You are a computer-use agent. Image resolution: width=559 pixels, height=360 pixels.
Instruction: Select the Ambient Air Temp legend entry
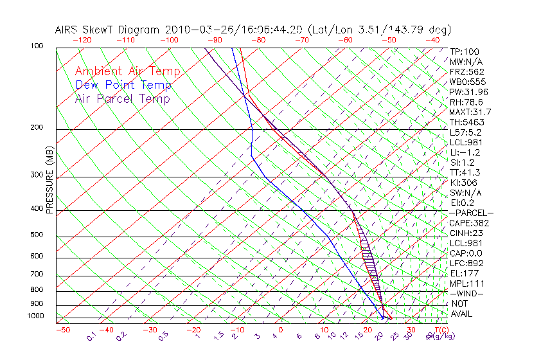click(127, 71)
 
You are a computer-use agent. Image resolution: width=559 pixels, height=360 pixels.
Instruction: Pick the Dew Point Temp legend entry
click(123, 85)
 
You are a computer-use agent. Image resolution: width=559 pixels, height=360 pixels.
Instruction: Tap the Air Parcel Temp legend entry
click(122, 98)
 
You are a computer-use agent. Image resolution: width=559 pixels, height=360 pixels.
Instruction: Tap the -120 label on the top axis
click(82, 40)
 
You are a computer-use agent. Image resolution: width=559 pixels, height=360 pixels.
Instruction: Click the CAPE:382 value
click(469, 223)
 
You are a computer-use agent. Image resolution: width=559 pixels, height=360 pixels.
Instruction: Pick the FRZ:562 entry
click(467, 71)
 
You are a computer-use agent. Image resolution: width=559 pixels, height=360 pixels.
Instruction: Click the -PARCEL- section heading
click(471, 213)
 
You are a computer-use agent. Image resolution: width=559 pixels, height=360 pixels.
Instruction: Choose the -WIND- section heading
click(467, 293)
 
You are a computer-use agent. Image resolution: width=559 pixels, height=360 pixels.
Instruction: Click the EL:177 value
click(464, 273)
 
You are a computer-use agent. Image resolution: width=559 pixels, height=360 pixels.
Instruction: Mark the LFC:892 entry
click(466, 263)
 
